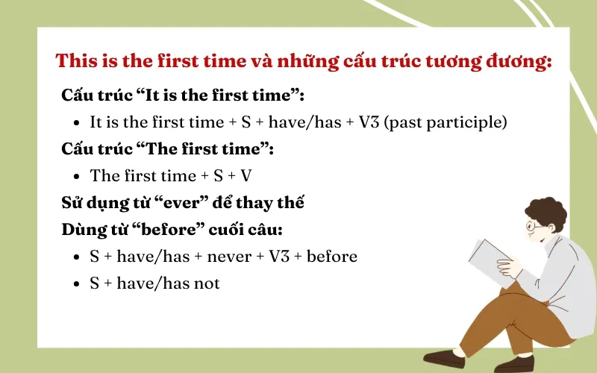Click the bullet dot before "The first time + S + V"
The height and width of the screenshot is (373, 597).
tap(77, 177)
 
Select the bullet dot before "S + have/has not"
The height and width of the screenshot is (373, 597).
tap(77, 284)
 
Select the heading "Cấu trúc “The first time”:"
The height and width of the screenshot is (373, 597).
tap(168, 149)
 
